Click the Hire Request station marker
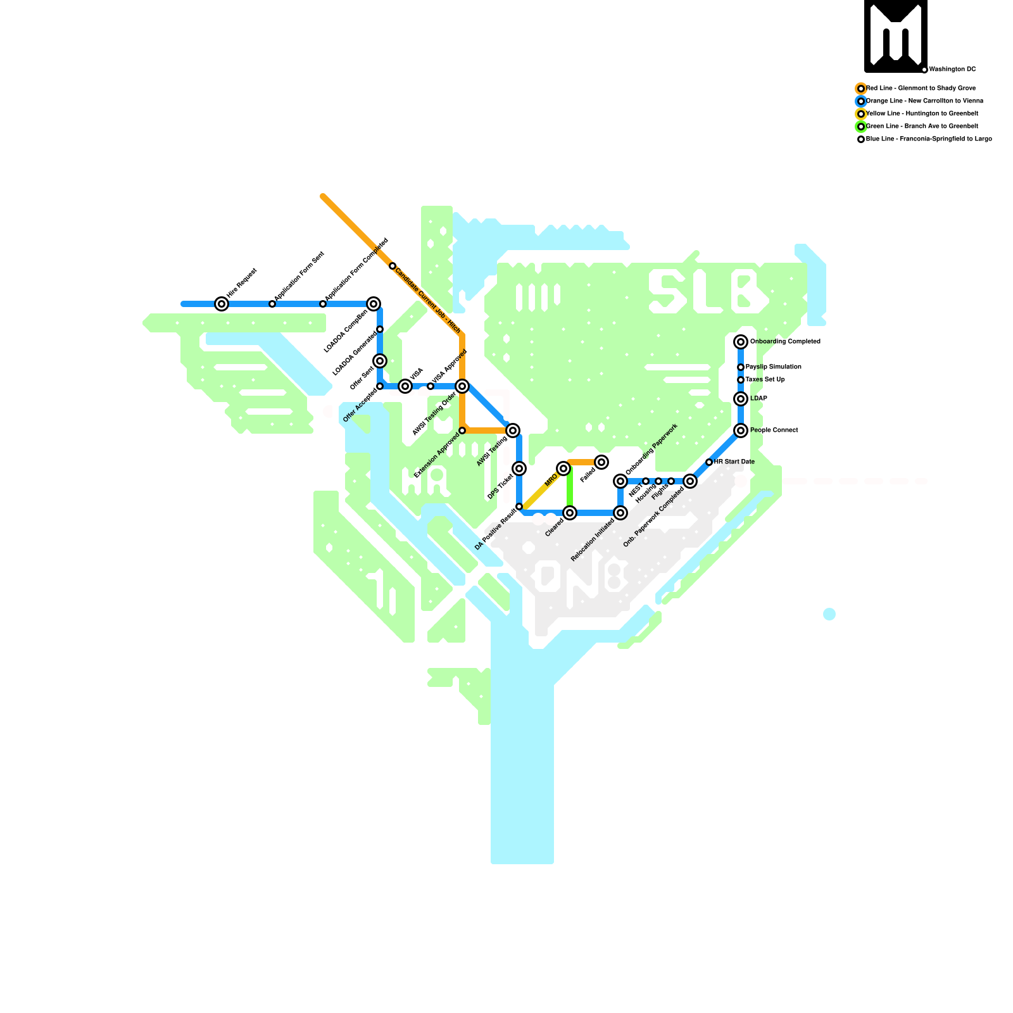(x=222, y=304)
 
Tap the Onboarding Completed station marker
(x=741, y=342)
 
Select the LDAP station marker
(x=741, y=399)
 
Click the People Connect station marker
(x=741, y=431)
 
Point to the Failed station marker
(x=601, y=462)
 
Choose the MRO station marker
(x=563, y=469)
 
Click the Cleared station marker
(x=570, y=513)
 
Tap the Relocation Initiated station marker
(x=620, y=513)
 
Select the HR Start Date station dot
(x=709, y=462)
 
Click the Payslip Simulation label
(x=773, y=367)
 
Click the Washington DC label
(x=952, y=70)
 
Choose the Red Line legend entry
(x=921, y=89)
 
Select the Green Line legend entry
(x=922, y=127)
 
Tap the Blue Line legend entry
(x=928, y=139)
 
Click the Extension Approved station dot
(x=462, y=431)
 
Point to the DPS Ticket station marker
(x=519, y=469)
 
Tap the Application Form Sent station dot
(x=272, y=304)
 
